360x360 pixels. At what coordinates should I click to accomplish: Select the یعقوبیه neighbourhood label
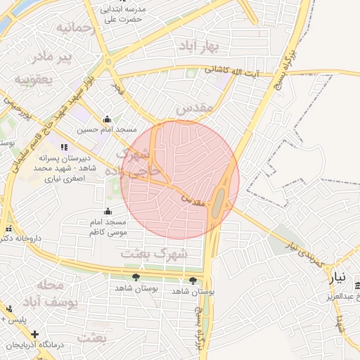[x=33, y=78]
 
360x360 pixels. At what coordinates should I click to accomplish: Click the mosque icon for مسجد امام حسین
[x=107, y=119]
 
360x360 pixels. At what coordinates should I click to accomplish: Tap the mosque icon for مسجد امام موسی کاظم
[x=108, y=212]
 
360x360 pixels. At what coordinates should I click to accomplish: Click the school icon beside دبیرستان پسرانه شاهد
[x=65, y=148]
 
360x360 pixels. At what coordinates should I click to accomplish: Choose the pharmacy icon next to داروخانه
[x=8, y=229]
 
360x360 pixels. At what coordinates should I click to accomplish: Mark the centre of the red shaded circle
[x=180, y=180]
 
